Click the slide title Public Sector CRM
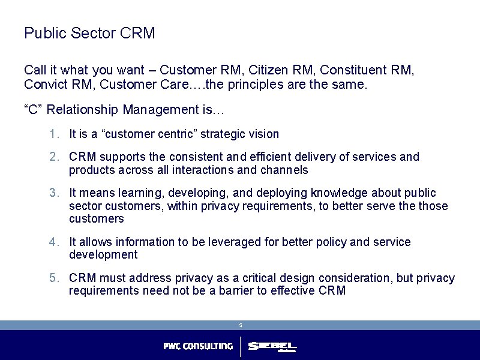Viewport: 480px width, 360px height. tap(89, 33)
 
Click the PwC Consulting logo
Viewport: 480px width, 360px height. tap(198, 346)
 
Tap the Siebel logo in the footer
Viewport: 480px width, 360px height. tap(272, 347)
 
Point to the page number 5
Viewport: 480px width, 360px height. tap(240, 325)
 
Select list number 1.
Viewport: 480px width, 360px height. tap(54, 134)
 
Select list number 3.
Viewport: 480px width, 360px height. tap(54, 193)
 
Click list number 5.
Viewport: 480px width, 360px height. tap(54, 278)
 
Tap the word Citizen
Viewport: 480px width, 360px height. tap(271, 70)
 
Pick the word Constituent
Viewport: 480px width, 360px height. tap(349, 70)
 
